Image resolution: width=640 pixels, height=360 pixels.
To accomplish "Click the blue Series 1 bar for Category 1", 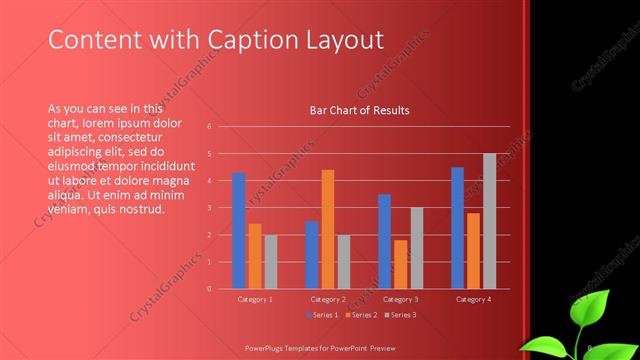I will [x=239, y=230].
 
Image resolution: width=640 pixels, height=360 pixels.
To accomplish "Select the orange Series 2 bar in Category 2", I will [x=328, y=229].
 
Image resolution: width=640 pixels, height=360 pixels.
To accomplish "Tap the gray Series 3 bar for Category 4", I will [x=490, y=221].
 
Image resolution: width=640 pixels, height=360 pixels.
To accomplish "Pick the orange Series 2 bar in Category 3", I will [x=401, y=264].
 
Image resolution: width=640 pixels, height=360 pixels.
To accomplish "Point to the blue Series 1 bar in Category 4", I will [x=457, y=228].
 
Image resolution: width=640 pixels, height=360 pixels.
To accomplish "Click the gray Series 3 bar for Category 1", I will [x=271, y=261].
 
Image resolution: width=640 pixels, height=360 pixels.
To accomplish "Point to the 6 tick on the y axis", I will [x=210, y=127].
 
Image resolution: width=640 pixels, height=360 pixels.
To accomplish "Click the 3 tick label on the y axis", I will [x=210, y=208].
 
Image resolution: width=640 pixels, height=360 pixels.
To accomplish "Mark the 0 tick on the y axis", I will [x=210, y=288].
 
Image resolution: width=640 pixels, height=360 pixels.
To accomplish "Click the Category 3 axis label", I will [x=401, y=299].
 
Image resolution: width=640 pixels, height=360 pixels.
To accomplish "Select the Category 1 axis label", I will [x=255, y=299].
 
